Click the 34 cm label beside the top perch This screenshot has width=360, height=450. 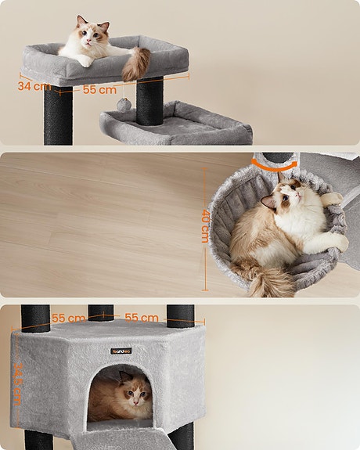pos(34,86)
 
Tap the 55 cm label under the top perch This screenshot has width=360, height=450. pos(99,90)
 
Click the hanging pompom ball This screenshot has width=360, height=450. pos(123,104)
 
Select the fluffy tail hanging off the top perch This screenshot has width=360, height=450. pos(138,63)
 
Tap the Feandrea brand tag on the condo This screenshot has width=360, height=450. pos(121,351)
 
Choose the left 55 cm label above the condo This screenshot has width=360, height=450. pos(68,319)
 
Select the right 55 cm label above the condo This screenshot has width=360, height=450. pos(142,319)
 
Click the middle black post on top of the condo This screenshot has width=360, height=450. pos(100,312)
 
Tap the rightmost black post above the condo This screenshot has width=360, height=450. pos(180,315)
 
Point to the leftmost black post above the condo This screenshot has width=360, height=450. pos(35,316)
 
